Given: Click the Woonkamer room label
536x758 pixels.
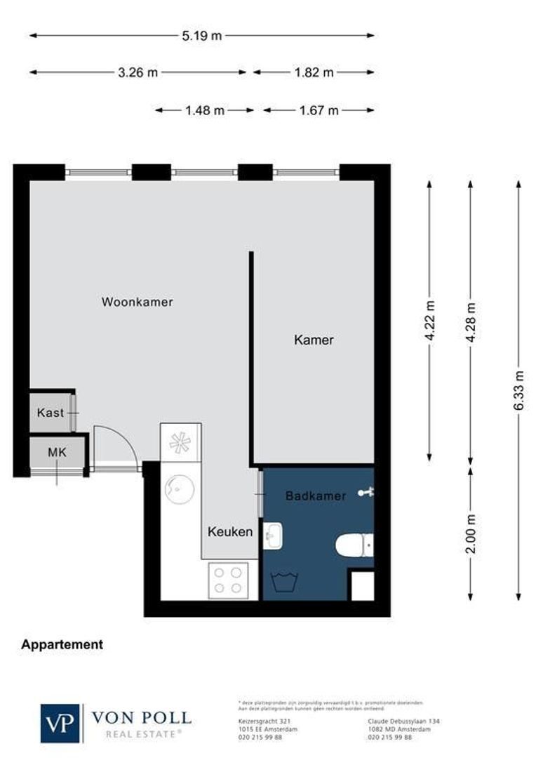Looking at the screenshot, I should [137, 302].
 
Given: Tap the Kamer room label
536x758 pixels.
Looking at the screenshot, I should [314, 340].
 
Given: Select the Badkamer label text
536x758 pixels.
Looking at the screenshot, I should [315, 496].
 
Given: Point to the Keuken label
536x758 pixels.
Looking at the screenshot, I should [230, 532].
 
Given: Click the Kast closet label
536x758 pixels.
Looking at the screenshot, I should [51, 413].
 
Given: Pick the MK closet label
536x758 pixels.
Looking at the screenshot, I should [57, 453].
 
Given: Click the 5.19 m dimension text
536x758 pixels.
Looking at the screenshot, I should [201, 36].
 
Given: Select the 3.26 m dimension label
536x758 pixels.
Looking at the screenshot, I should [138, 72].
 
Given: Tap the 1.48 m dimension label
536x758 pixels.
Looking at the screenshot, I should [205, 110].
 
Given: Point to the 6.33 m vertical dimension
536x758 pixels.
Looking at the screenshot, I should [518, 390].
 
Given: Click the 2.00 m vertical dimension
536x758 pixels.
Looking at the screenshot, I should [471, 534].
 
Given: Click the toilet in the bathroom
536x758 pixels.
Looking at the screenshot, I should [354, 545].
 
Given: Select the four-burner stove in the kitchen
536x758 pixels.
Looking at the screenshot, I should [228, 580].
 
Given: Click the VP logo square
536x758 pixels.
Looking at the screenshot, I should [61, 723].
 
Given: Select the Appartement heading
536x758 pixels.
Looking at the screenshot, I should [62, 644].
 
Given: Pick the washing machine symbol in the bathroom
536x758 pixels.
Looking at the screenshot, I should [286, 582].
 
